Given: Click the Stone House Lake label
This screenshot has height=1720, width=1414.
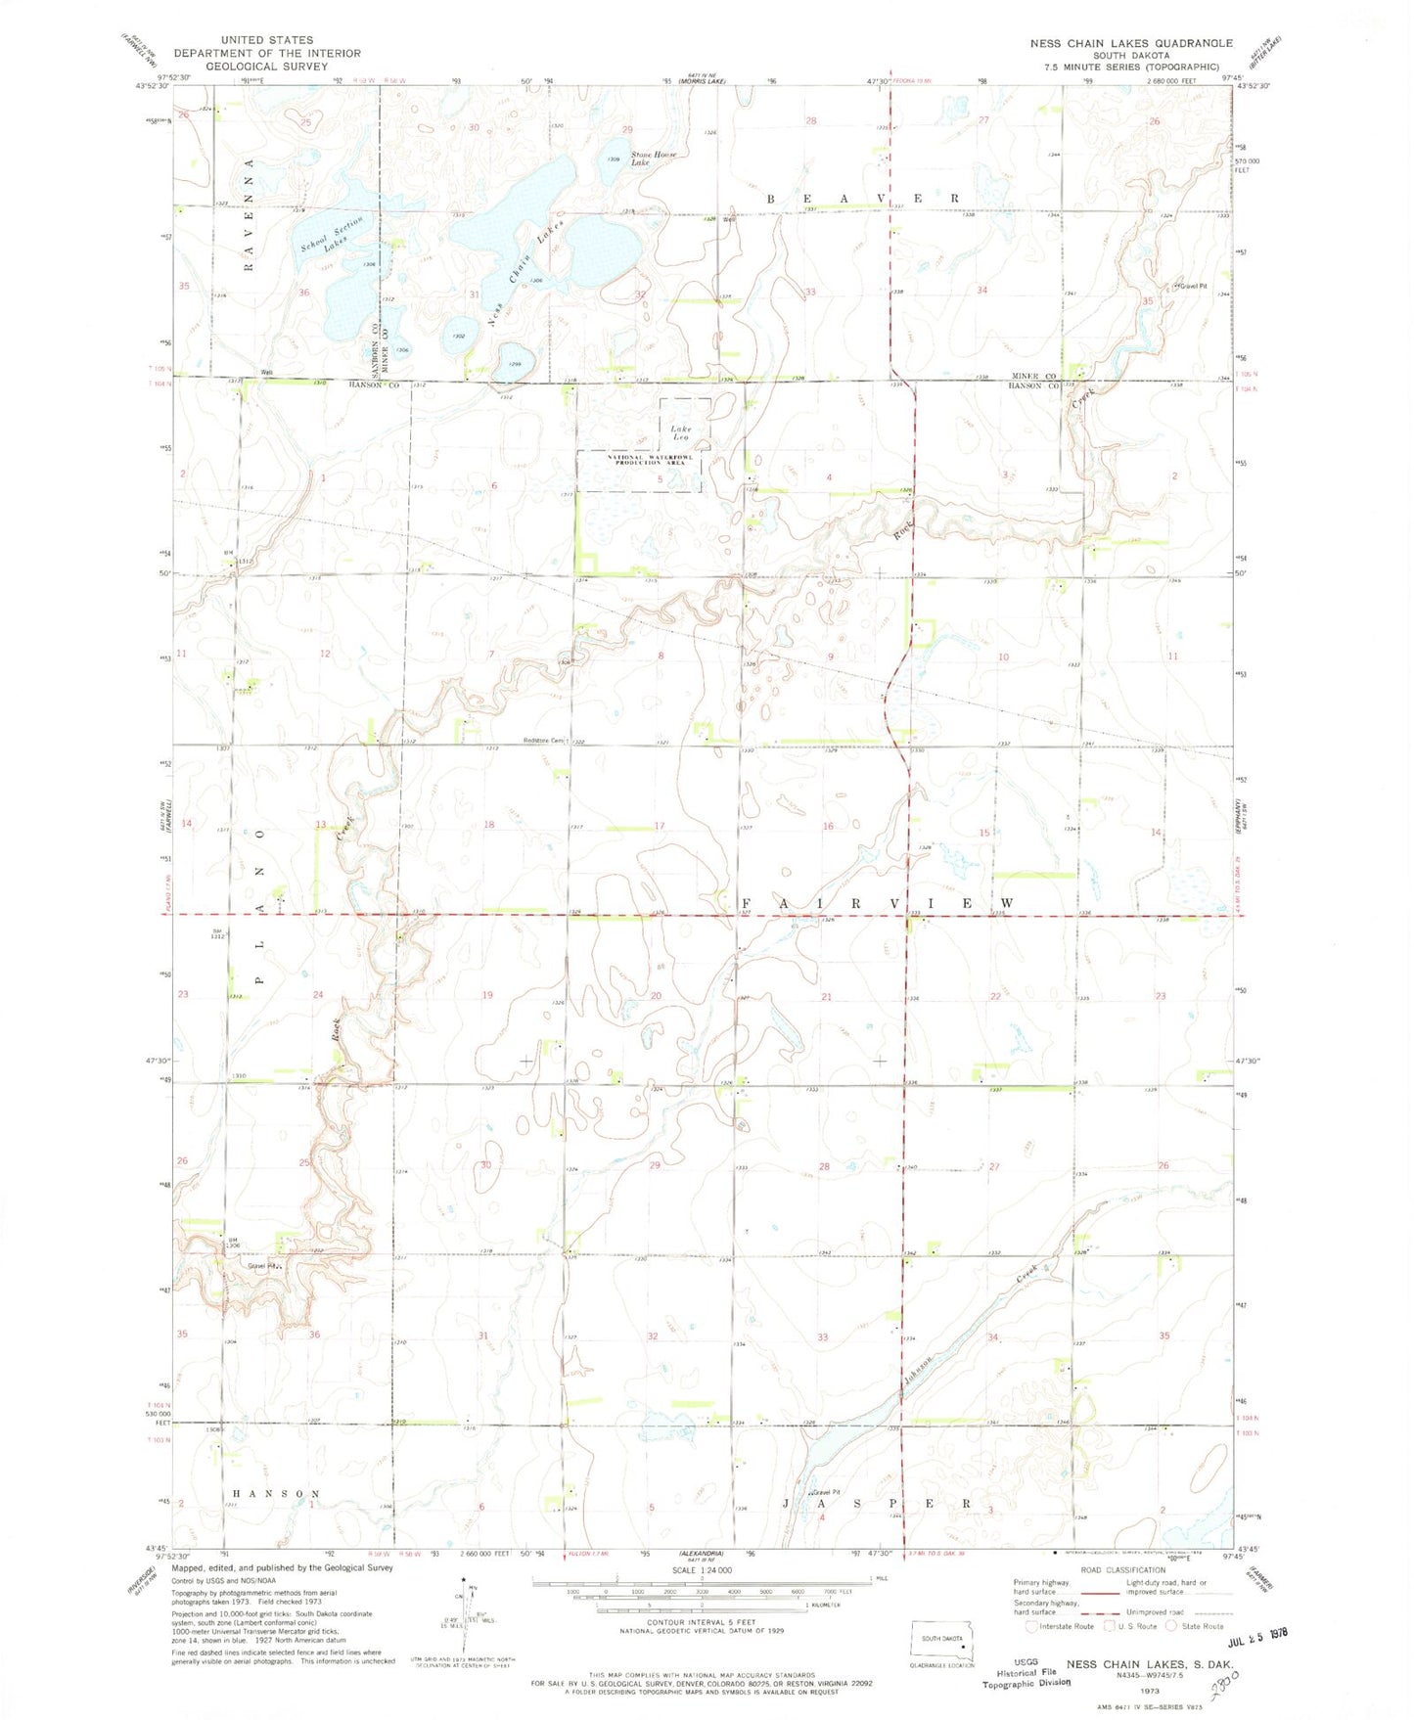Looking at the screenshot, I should click(654, 158).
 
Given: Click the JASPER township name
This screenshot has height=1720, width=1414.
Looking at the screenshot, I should click(877, 1502).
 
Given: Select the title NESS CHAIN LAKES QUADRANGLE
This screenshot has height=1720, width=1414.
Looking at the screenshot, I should click(1130, 44).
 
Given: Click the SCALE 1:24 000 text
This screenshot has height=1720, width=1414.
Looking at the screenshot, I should click(701, 1569).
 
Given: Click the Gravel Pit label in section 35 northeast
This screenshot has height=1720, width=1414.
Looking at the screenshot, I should click(1193, 287).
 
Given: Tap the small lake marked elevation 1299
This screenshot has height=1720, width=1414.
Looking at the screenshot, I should click(512, 356).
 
